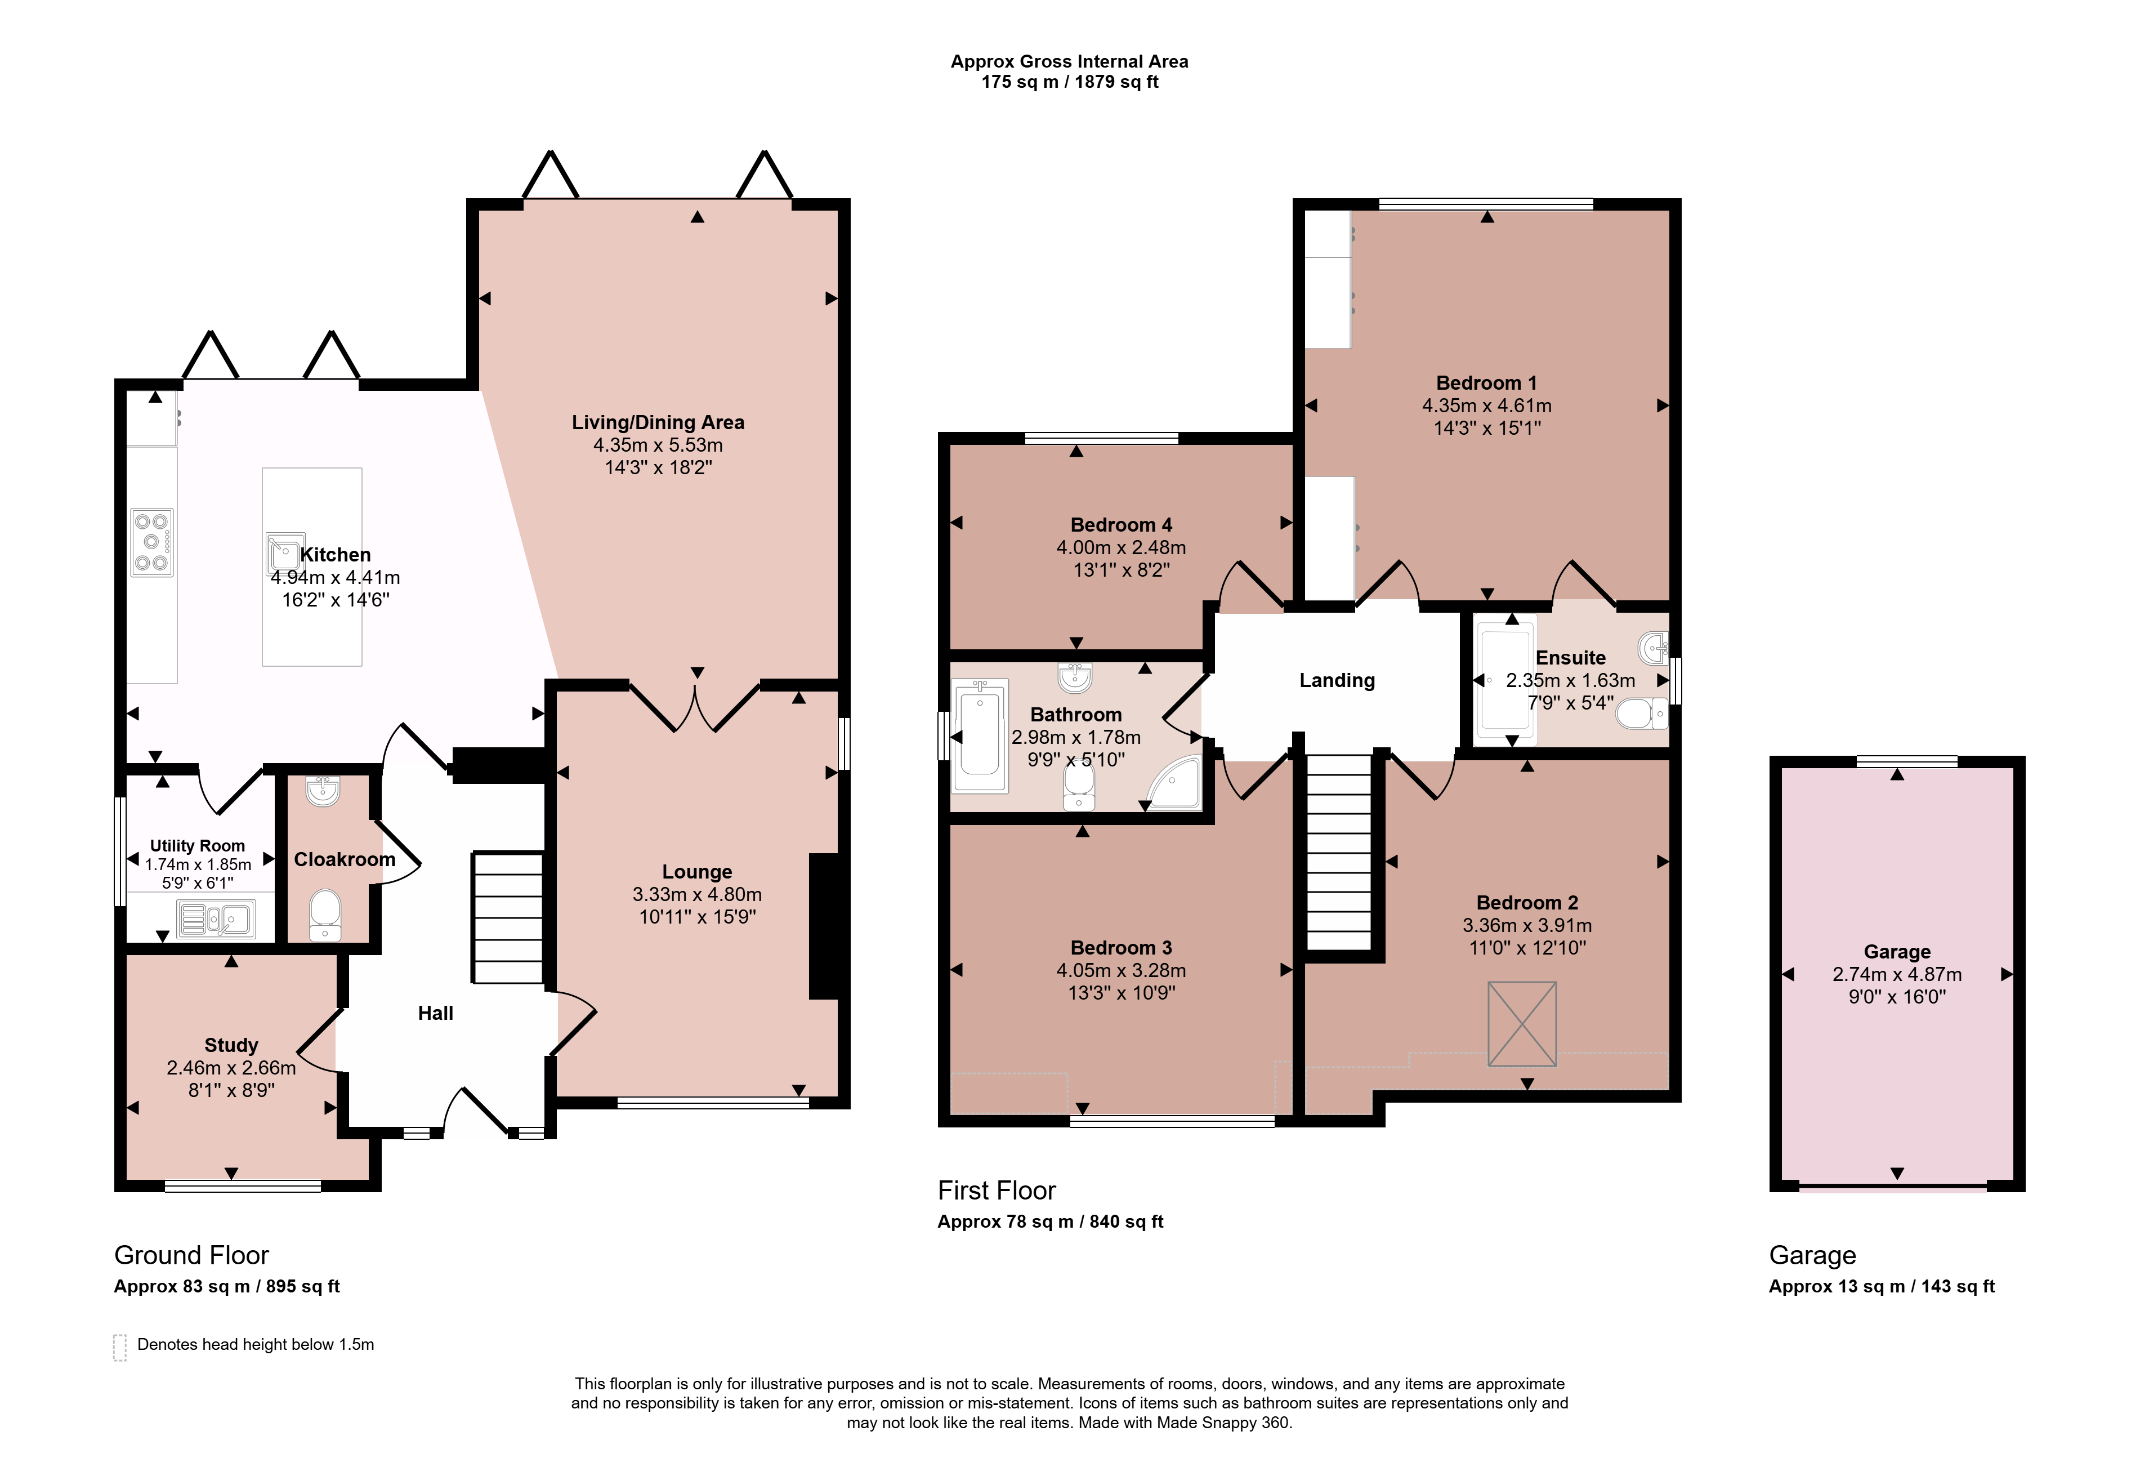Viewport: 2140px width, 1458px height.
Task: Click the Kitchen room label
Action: [335, 555]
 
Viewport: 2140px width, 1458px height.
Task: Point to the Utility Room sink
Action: [216, 919]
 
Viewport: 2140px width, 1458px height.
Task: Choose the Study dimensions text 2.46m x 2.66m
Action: [231, 1068]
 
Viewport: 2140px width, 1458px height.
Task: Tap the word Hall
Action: [436, 1013]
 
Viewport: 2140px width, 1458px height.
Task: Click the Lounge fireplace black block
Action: [823, 926]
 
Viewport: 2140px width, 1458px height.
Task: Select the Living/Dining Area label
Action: [658, 423]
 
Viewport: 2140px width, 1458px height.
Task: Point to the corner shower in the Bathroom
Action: [1174, 783]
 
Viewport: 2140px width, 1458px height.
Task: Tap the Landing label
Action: [1337, 681]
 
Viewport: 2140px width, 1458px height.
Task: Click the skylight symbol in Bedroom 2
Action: [1522, 1024]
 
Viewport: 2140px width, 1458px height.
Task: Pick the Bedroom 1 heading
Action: [1486, 383]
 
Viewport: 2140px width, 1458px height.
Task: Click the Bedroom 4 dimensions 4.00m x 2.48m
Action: [1120, 547]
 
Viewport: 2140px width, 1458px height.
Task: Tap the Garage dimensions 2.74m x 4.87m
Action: [1897, 974]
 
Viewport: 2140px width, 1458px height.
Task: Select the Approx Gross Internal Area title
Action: [1069, 62]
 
